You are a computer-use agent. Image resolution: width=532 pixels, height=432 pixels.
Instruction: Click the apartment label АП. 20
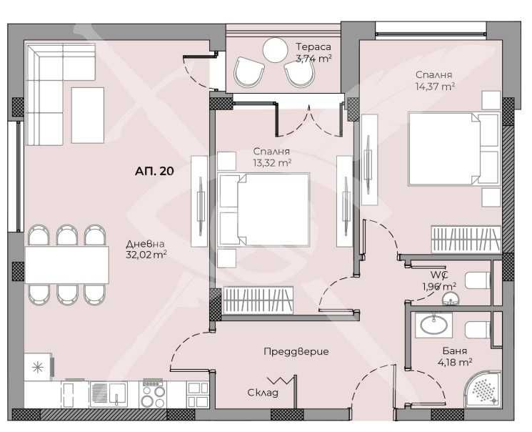coord(154,171)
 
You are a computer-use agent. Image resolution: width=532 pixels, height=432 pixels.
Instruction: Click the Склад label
coord(262,393)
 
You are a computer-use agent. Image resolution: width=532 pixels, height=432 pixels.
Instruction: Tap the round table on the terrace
coord(274,50)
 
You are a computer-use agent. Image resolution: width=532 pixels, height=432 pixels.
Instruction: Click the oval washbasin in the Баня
coord(433,326)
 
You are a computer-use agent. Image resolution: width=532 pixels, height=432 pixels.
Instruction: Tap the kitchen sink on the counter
coord(108,394)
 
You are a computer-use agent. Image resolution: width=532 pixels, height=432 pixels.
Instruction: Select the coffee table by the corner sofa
coord(87,114)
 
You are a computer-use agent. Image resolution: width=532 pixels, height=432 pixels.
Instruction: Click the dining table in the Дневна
coord(67,265)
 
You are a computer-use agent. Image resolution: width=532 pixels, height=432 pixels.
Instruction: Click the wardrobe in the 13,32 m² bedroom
coord(258,300)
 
